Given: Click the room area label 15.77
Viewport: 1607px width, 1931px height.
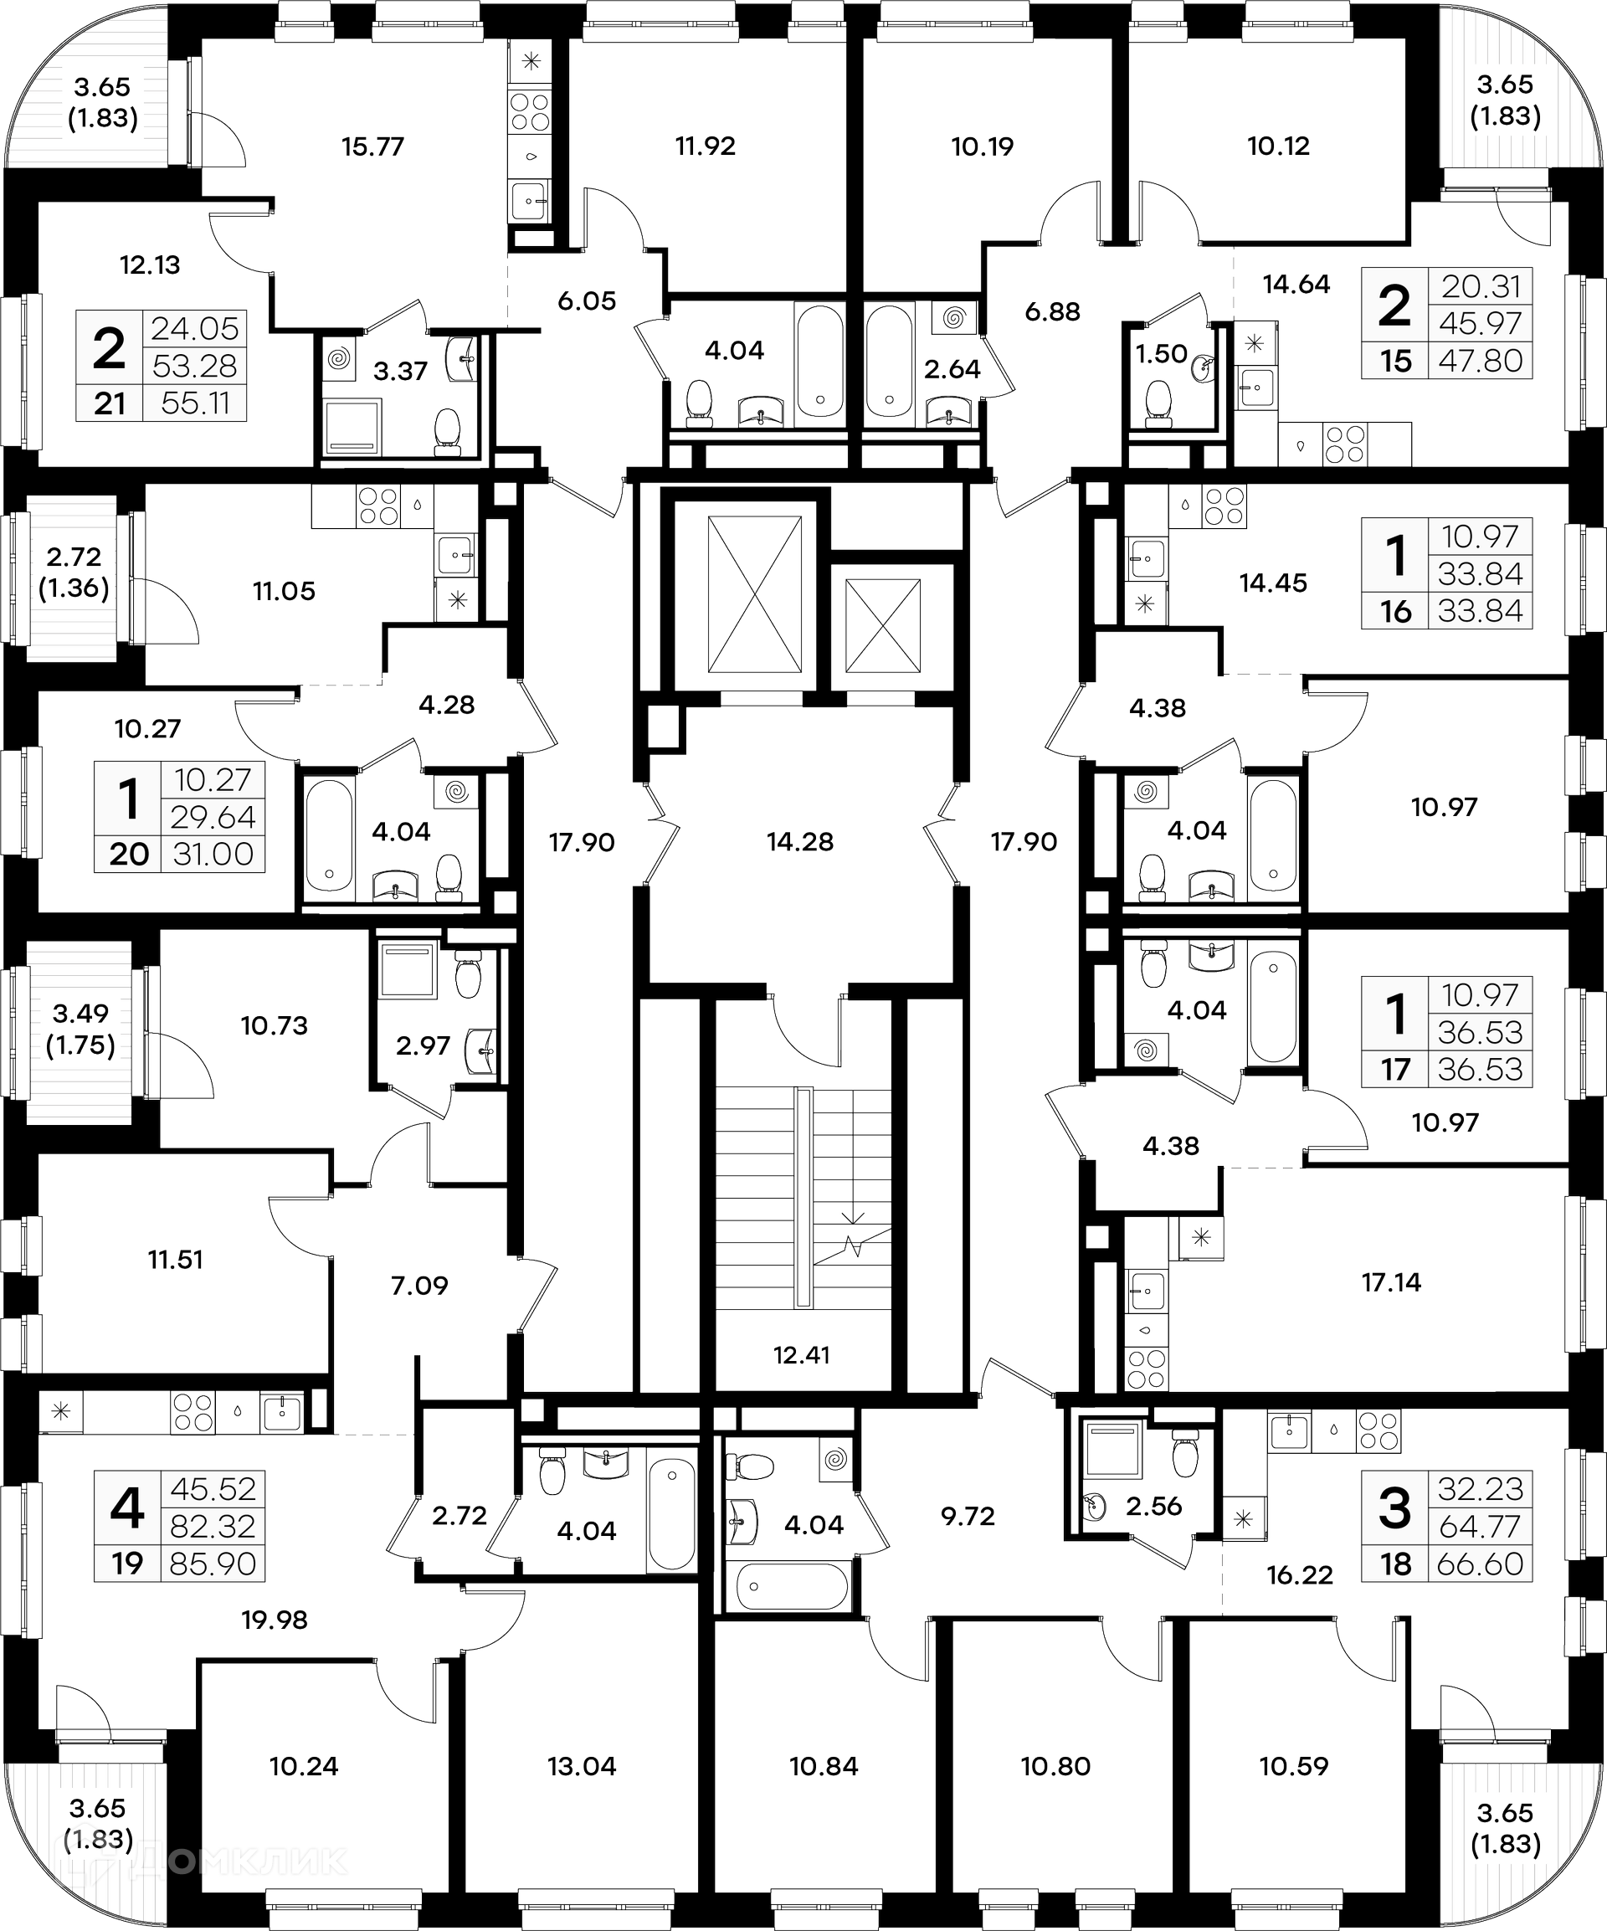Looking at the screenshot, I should click(372, 146).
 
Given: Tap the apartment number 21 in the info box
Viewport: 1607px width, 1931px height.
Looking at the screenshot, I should click(110, 403).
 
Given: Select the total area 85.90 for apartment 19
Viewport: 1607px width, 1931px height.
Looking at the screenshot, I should click(213, 1564).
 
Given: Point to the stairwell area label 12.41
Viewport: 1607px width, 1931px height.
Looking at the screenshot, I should click(802, 1354).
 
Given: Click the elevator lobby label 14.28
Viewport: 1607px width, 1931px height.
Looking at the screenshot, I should click(800, 841).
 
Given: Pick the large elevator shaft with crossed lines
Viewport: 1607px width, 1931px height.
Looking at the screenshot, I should click(754, 594).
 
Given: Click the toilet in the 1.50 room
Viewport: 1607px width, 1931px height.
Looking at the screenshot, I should click(1158, 402).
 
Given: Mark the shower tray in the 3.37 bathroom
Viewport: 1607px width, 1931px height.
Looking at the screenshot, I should click(352, 427).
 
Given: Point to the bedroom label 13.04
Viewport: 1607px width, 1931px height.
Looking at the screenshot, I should click(581, 1765).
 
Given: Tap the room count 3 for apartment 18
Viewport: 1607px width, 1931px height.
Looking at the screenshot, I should click(1394, 1509).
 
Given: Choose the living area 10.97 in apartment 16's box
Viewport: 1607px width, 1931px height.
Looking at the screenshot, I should click(1480, 536).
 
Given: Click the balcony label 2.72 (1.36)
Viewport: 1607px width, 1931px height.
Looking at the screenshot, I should click(74, 572).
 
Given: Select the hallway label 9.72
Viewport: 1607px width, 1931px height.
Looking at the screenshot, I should click(968, 1515).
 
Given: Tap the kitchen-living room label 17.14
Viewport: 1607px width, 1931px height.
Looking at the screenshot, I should click(1391, 1281).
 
